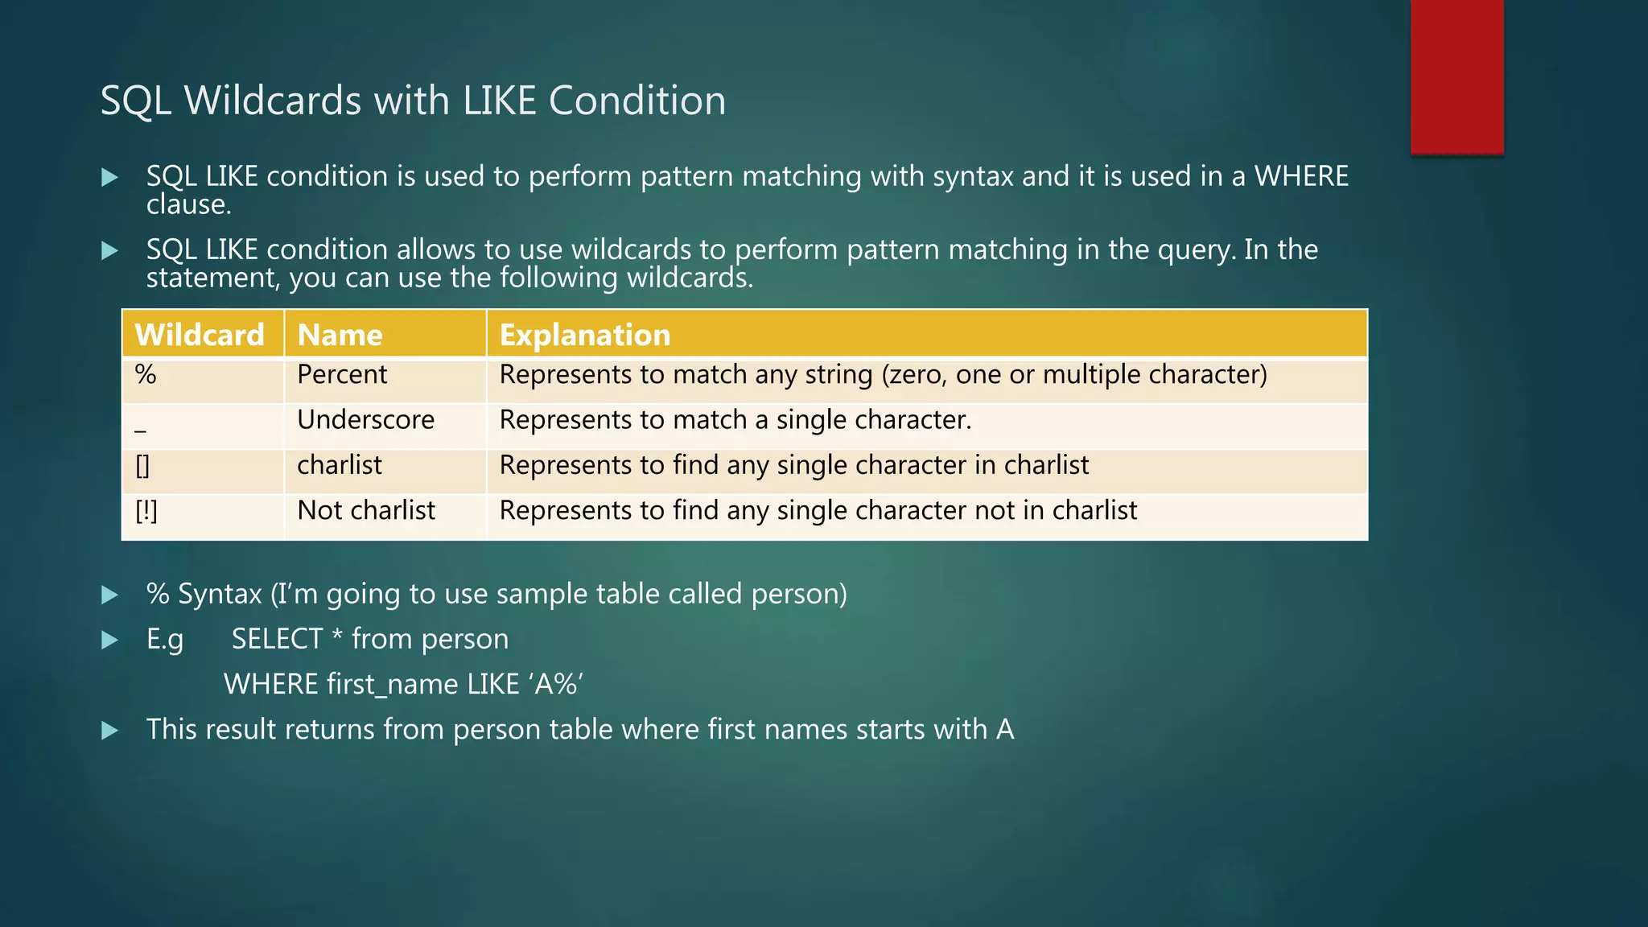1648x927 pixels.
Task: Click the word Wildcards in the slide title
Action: click(x=273, y=101)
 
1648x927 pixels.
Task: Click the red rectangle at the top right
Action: click(x=1456, y=76)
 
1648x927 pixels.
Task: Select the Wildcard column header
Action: click(x=200, y=335)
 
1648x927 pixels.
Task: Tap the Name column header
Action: click(x=340, y=335)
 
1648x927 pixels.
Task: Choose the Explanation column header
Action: click(x=585, y=335)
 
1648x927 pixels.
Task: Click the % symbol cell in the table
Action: click(x=146, y=375)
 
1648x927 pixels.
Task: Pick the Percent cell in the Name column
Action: click(x=342, y=375)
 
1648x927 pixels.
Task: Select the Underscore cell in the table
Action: click(x=365, y=420)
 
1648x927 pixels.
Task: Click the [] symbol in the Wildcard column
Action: click(x=142, y=466)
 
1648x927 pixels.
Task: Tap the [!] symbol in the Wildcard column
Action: click(x=146, y=511)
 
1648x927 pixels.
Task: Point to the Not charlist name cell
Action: click(x=366, y=511)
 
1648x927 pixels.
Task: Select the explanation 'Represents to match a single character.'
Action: click(x=735, y=420)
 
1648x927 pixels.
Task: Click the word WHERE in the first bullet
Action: click(x=1301, y=176)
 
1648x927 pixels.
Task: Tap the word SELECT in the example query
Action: click(x=277, y=639)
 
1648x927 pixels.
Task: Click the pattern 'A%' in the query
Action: click(x=556, y=684)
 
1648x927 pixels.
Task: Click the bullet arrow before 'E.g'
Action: click(x=110, y=641)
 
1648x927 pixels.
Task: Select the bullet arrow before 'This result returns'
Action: click(x=110, y=731)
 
